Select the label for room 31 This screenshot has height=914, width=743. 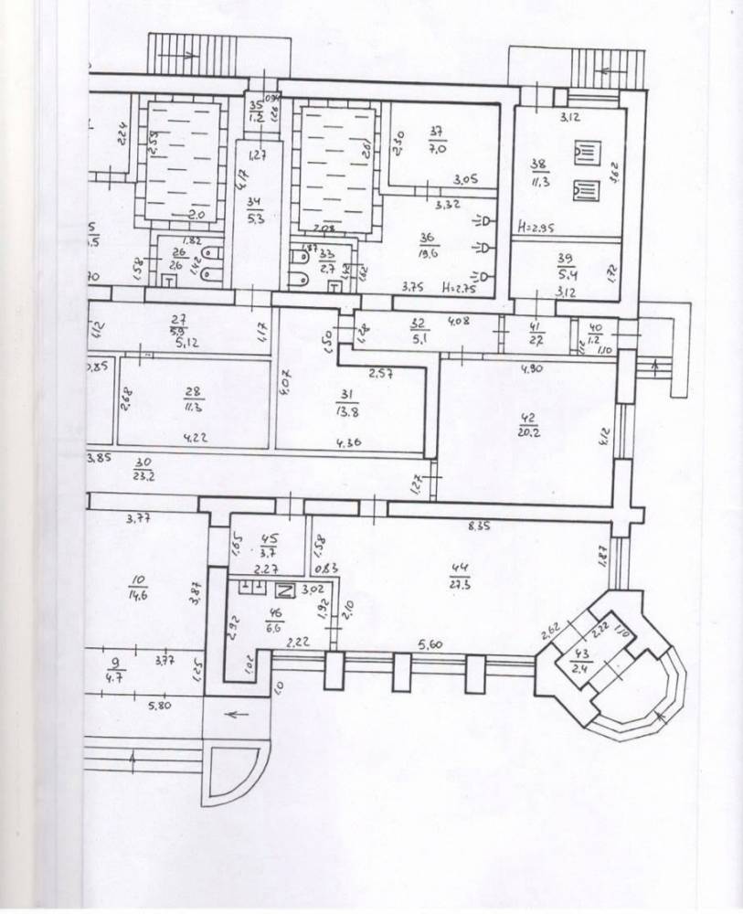(346, 394)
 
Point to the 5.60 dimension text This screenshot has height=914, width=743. (430, 645)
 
